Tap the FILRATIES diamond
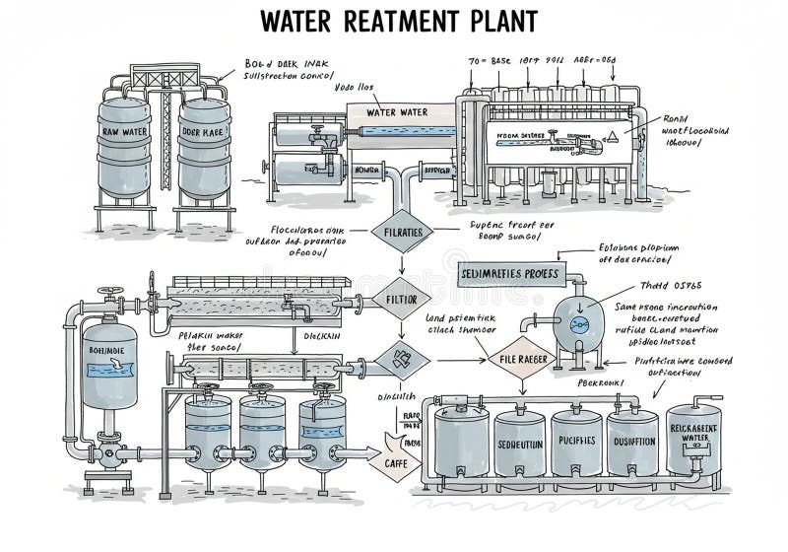(x=400, y=233)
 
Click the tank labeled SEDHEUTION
(x=518, y=444)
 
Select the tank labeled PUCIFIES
(x=575, y=442)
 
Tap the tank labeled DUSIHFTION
(x=632, y=442)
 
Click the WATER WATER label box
(x=397, y=112)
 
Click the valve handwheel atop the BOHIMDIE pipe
(x=107, y=293)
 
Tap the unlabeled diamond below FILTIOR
(x=400, y=360)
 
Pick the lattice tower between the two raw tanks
(x=164, y=128)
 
